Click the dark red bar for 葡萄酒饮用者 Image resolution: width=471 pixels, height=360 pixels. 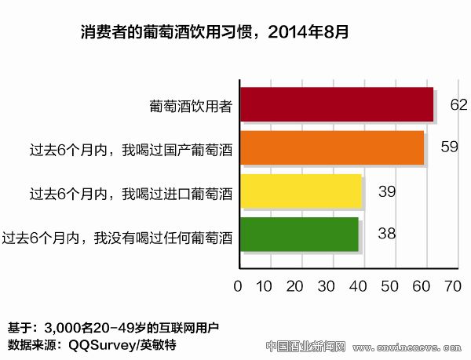point(336,105)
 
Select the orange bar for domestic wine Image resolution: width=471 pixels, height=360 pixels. point(331,147)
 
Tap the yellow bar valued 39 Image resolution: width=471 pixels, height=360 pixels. point(301,191)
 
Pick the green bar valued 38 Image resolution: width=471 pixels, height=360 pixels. point(299,235)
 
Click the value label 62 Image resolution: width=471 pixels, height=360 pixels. point(459,105)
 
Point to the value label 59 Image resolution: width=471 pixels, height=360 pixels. point(449,147)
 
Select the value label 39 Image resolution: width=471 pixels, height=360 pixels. point(387,191)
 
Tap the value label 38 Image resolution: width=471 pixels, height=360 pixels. point(384,234)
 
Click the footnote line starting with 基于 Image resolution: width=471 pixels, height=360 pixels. point(113,328)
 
